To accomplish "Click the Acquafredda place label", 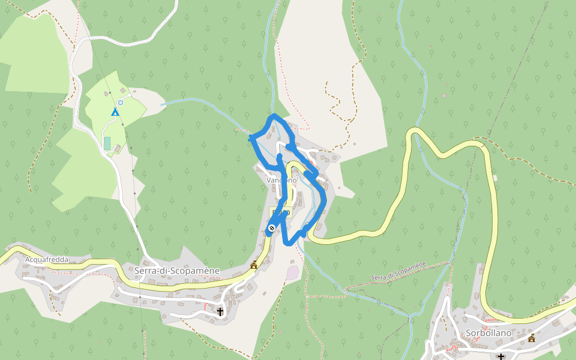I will [x=47, y=260].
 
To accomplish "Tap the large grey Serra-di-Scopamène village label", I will [x=178, y=271].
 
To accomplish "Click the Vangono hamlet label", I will [x=281, y=180].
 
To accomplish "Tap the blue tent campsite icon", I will [x=115, y=112].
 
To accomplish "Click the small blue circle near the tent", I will [x=121, y=103].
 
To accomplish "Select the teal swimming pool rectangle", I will [x=107, y=143].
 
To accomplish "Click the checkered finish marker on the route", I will [x=272, y=228].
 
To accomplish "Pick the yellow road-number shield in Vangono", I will [x=281, y=212].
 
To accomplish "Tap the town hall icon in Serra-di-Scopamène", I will [x=254, y=265].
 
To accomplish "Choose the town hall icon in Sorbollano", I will [x=532, y=338].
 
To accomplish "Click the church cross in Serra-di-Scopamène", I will [x=220, y=311].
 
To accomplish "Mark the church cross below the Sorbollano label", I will [x=501, y=356].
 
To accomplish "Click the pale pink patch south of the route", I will [x=292, y=272].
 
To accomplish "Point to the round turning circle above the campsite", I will [x=130, y=95].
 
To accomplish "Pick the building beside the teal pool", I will [x=118, y=148].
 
